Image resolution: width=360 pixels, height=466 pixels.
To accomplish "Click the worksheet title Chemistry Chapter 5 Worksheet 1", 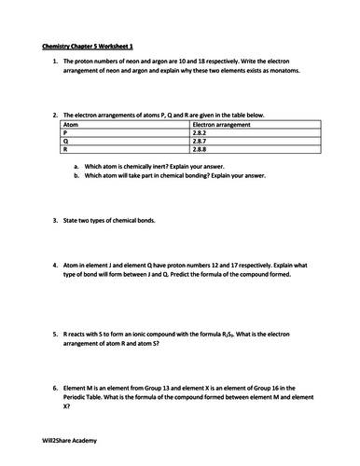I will click(x=88, y=44).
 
